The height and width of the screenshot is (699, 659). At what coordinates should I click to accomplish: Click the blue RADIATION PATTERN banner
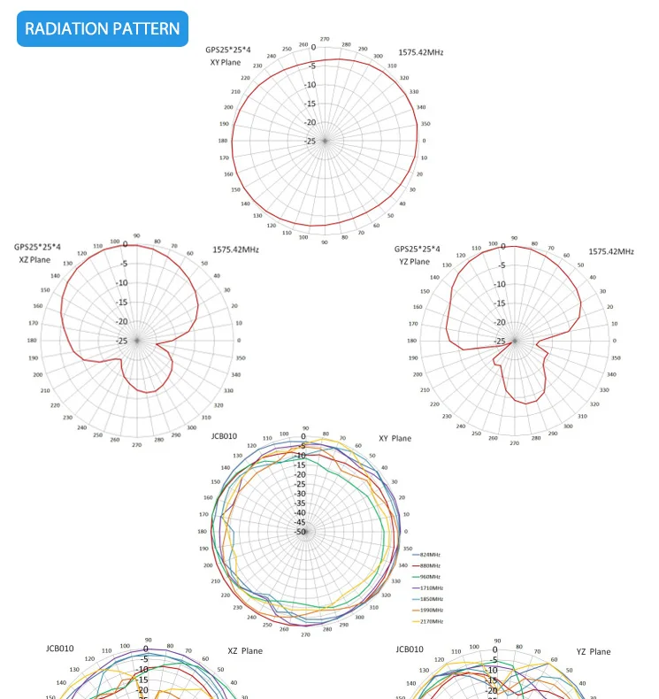103,28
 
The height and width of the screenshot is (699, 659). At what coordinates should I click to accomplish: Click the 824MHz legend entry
431,555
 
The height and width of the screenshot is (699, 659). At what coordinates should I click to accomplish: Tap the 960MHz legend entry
431,577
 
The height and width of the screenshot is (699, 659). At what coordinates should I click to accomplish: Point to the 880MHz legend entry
431,565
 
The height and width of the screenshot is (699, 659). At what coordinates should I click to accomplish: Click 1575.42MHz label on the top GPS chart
420,52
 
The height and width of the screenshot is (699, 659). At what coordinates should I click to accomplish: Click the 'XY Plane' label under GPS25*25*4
225,63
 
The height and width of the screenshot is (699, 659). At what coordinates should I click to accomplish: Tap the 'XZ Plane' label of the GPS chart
35,260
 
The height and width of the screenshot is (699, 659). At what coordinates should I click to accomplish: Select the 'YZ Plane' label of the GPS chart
412,262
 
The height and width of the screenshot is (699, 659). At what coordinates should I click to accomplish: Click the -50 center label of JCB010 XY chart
301,532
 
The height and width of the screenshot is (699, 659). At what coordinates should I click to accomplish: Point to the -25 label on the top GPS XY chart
310,142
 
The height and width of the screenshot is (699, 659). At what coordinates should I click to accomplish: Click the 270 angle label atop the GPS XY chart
325,39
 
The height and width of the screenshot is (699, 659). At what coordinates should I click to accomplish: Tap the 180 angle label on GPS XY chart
223,141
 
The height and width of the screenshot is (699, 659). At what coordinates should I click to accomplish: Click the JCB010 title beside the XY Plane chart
225,436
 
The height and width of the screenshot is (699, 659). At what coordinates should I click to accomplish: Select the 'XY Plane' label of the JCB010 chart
395,438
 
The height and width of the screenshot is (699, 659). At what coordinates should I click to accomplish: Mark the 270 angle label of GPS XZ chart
136,444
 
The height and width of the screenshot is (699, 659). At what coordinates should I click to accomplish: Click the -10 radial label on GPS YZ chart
501,284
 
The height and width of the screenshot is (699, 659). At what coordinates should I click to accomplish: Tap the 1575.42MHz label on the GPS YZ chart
611,251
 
